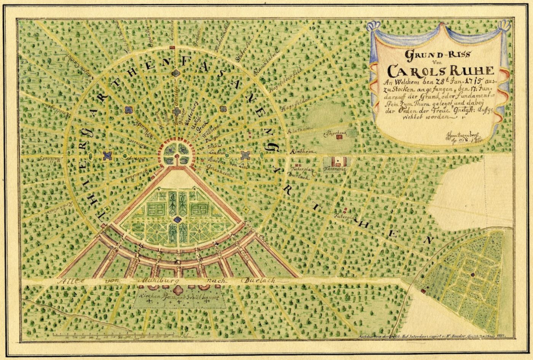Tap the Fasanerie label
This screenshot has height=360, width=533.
[x=334, y=168]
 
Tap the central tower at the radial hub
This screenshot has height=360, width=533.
[x=176, y=152]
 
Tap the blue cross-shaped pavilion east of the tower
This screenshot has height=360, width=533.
[x=245, y=155]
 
